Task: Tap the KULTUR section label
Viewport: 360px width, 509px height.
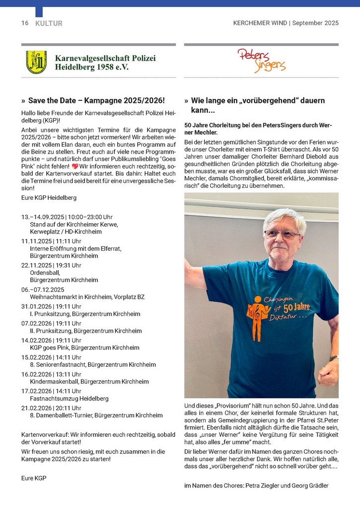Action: pyautogui.click(x=49, y=23)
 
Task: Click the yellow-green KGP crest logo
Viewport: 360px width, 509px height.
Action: pyautogui.click(x=36, y=62)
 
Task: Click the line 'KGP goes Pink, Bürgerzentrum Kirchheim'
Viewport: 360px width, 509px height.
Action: pyautogui.click(x=85, y=347)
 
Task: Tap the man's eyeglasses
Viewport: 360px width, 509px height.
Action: pyautogui.click(x=282, y=234)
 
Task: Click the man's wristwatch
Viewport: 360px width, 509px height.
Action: pyautogui.click(x=334, y=358)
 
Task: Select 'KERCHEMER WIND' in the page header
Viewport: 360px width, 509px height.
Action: pyautogui.click(x=260, y=23)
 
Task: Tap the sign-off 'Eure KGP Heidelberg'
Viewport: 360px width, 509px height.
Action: pyautogui.click(x=49, y=197)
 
